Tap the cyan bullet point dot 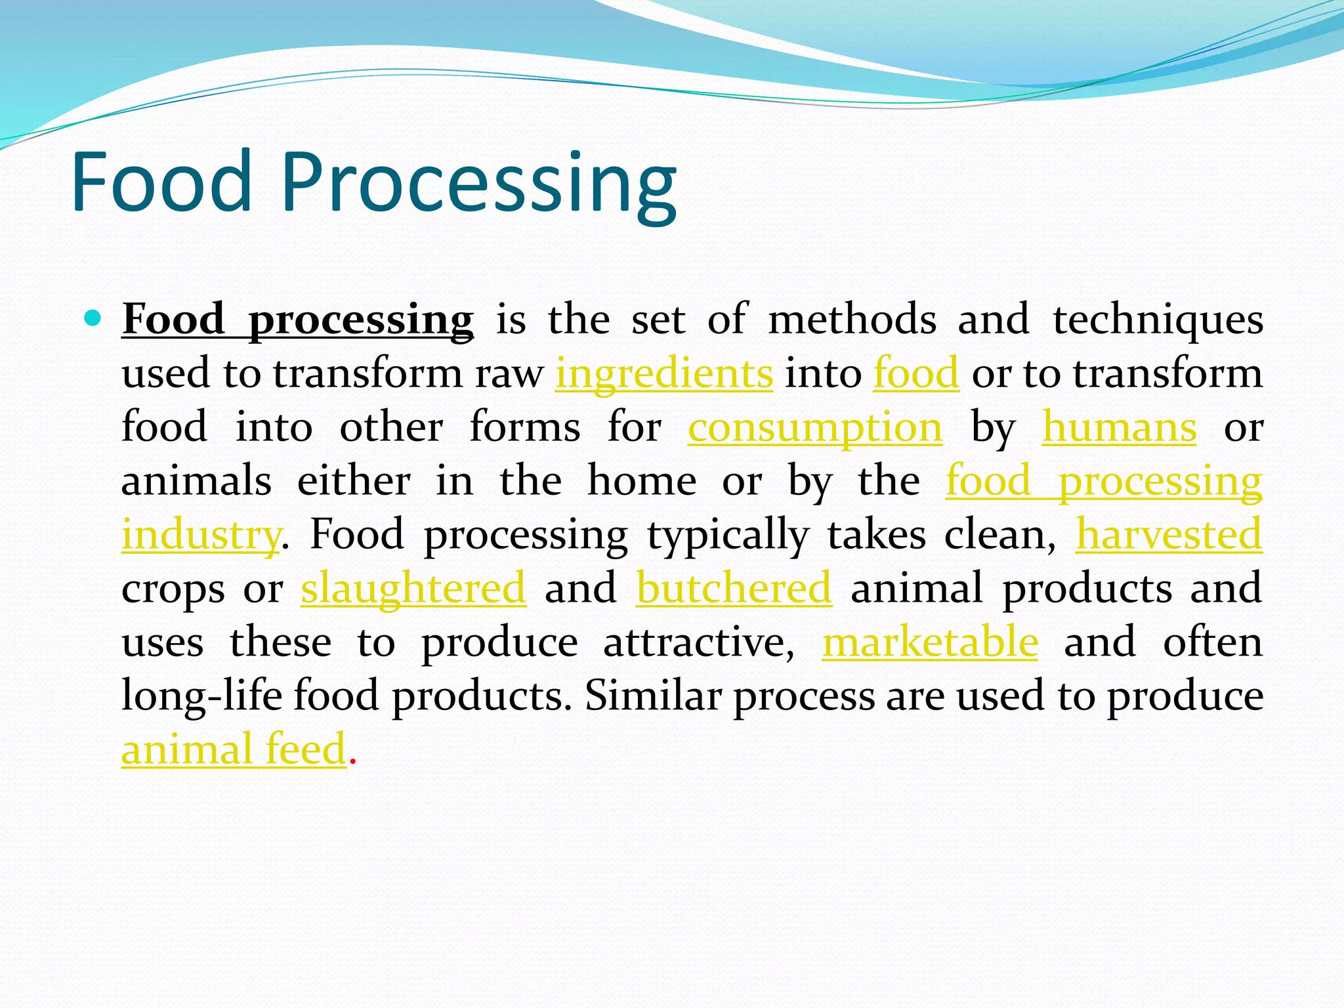coord(93,319)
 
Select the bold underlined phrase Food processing coord(297,320)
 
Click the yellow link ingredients coord(664,374)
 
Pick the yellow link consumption coord(815,428)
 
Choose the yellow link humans coord(1119,428)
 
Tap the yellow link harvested coord(1169,534)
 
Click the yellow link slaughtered coord(413,588)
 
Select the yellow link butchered coord(734,588)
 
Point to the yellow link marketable coord(930,642)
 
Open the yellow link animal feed coord(234,749)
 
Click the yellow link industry coord(201,535)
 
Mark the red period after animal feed coord(353,762)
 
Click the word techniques coord(1158,320)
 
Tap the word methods coord(852,320)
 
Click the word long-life coord(201,696)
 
